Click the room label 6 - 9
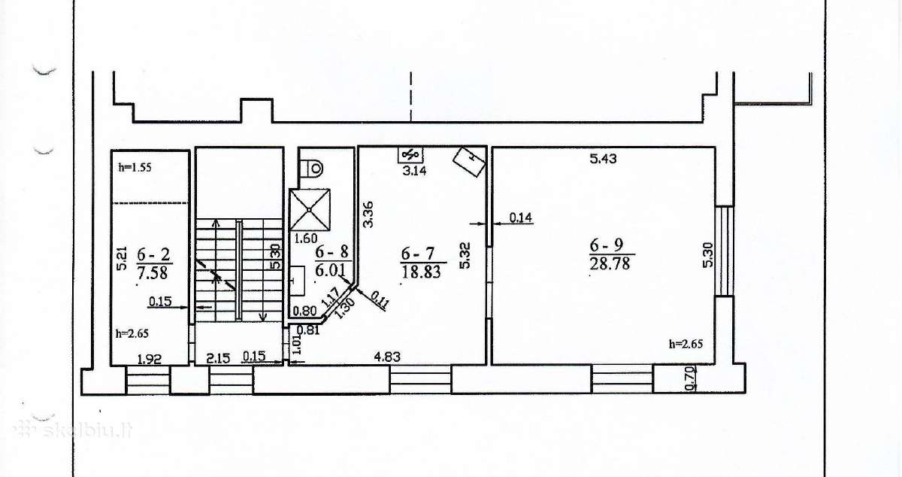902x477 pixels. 607,245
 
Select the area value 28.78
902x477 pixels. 610,263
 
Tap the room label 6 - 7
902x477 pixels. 418,254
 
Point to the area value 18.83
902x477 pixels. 421,272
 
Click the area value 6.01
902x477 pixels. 331,270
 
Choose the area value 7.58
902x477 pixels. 152,273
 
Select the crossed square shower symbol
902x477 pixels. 309,210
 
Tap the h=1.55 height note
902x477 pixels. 135,167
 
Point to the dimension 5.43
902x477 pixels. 603,159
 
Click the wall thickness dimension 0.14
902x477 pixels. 521,217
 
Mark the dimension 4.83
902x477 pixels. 387,357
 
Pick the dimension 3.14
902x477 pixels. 414,171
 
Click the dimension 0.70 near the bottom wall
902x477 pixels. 690,378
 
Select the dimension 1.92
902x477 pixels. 150,359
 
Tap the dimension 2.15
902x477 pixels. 218,358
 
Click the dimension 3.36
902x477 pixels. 368,214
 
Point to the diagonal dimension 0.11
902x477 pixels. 380,300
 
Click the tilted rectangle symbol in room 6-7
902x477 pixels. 469,162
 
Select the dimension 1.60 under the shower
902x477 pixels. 306,238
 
